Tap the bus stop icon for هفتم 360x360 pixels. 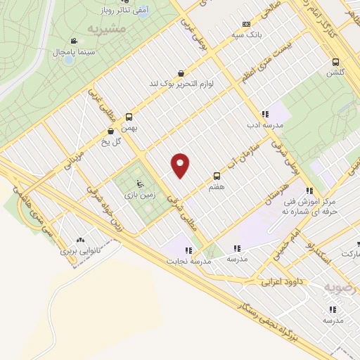(217, 176)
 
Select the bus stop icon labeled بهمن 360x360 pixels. (129, 117)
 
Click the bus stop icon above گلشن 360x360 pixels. (335, 61)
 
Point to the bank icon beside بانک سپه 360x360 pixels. (245, 23)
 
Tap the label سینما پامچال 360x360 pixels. (75, 53)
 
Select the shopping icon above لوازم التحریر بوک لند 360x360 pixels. (181, 72)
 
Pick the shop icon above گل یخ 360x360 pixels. (110, 131)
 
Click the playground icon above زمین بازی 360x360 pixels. (139, 184)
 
